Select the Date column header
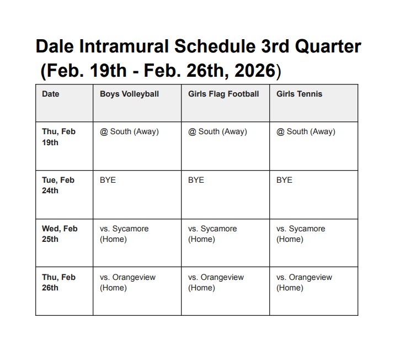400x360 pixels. click(50, 94)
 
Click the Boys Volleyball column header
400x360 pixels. click(129, 94)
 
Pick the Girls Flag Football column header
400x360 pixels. click(223, 94)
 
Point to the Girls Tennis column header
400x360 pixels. click(299, 94)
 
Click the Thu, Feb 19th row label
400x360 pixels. click(59, 137)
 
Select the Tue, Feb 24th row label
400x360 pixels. click(58, 186)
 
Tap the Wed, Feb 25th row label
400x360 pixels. click(60, 234)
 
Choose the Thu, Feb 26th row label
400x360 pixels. click(59, 283)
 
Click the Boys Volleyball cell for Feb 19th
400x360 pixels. click(129, 131)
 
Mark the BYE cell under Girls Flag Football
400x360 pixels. click(196, 180)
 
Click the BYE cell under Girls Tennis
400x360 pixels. click(284, 180)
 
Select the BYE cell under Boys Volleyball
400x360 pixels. click(108, 180)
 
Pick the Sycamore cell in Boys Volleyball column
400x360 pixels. click(124, 234)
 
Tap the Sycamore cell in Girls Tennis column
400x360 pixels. click(301, 234)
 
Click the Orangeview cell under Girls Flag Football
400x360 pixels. click(216, 283)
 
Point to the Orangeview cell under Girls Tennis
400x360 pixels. click(304, 283)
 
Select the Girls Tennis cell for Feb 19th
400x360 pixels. click(306, 131)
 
